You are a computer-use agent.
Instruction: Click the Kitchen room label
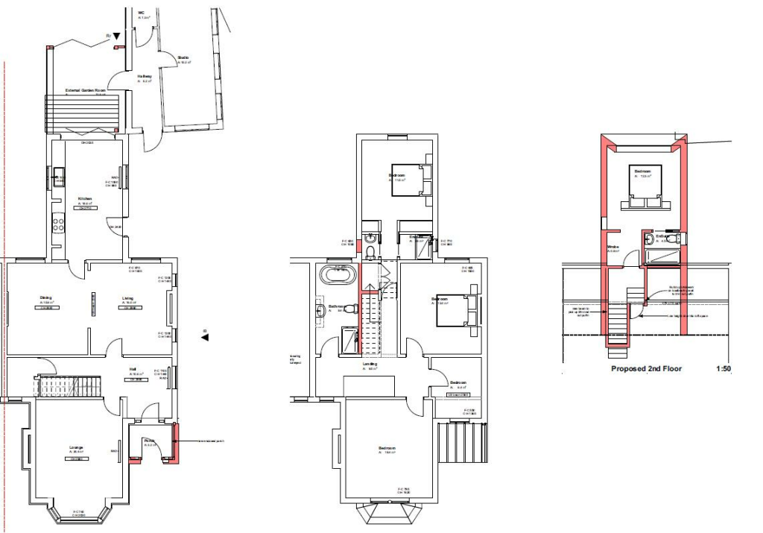coord(85,198)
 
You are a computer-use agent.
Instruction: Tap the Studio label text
coord(183,57)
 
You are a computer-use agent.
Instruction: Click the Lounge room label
coord(77,447)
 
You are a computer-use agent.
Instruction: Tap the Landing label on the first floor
coord(369,364)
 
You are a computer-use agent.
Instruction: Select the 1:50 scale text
coord(724,368)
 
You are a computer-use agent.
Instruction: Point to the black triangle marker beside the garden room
coord(116,36)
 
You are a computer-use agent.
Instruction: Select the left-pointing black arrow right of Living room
coord(205,337)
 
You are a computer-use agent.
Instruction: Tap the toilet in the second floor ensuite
coord(670,239)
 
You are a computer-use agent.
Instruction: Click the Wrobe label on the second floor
coord(613,247)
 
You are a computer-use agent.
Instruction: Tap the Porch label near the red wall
coord(149,441)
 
